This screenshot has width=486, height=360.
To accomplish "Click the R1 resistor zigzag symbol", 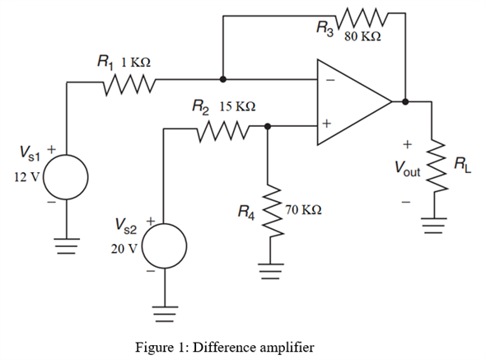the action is (x=129, y=84).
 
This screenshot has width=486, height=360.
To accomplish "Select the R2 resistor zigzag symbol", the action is (x=223, y=131).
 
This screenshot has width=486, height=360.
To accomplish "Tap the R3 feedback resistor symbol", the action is (x=362, y=17).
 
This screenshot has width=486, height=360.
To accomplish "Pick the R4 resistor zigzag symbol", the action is (x=272, y=211).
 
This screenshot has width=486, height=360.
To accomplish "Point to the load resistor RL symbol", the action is (x=437, y=166).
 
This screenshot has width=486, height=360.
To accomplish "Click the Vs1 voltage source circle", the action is (x=66, y=177).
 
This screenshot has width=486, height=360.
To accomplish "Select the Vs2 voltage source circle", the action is (x=164, y=245).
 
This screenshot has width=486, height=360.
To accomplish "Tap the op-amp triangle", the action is (x=354, y=102).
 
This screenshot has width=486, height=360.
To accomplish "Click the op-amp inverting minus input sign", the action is (x=330, y=80).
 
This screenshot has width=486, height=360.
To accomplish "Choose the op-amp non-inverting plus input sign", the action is (x=326, y=124).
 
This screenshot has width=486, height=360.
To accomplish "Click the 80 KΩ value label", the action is (x=362, y=36).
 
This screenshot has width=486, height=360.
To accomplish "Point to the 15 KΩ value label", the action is (x=237, y=106).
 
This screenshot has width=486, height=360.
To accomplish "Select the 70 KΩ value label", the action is (x=303, y=210).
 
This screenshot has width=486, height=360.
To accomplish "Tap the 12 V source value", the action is (x=27, y=177).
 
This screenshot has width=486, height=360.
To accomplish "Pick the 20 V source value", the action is (x=124, y=249).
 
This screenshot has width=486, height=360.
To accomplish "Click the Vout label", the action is (x=407, y=169).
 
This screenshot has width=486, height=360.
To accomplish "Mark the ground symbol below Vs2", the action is (x=165, y=314).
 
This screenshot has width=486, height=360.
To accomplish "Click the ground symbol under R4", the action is (x=270, y=271).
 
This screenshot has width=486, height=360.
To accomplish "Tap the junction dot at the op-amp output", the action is (x=405, y=101).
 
